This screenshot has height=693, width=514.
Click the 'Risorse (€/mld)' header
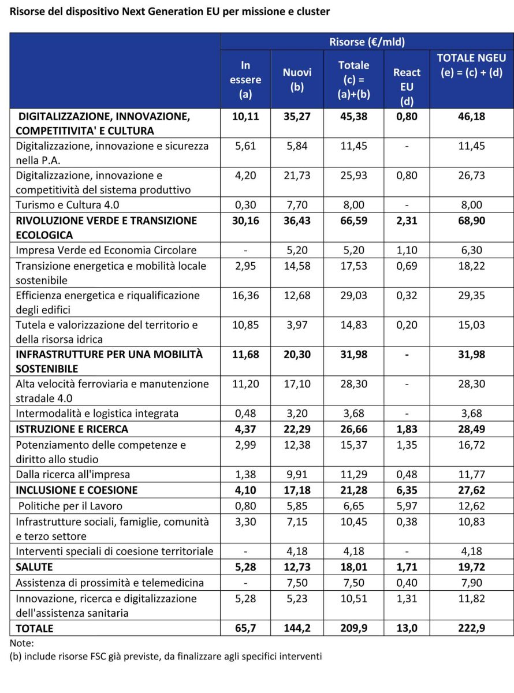(367, 42)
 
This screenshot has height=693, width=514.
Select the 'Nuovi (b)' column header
(297, 80)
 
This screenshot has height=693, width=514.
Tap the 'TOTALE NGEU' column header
(471, 66)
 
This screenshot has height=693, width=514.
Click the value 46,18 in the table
(471, 116)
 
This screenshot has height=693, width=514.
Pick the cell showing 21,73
(297, 175)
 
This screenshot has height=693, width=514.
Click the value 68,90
(471, 221)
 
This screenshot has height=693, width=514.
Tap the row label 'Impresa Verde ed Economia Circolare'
(106, 250)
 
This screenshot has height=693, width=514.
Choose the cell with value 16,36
(245, 295)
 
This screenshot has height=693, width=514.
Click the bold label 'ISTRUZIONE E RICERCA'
(72, 429)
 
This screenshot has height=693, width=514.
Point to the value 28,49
(471, 429)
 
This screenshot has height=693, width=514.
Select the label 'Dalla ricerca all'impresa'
(73, 474)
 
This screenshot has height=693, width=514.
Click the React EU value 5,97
(407, 506)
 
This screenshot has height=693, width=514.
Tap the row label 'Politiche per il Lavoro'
(69, 506)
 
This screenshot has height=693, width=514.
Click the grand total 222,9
(471, 628)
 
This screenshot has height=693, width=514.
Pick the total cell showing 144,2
(297, 628)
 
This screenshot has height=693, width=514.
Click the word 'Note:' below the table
(22, 643)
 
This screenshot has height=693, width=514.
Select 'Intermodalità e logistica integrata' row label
(97, 413)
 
